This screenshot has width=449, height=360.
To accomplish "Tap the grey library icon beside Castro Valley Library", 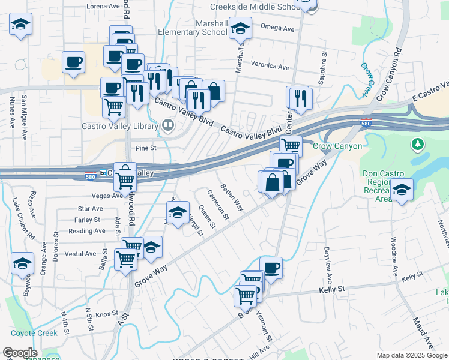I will [168, 126].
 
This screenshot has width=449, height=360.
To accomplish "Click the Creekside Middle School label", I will [256, 7].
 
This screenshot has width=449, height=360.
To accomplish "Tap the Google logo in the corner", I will [20, 353].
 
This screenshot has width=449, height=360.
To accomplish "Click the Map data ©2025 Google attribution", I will [412, 355].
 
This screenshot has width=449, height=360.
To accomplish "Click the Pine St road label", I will [145, 147].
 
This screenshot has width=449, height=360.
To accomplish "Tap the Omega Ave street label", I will [279, 28].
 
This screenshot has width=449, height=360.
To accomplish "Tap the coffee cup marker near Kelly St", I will [271, 267].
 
